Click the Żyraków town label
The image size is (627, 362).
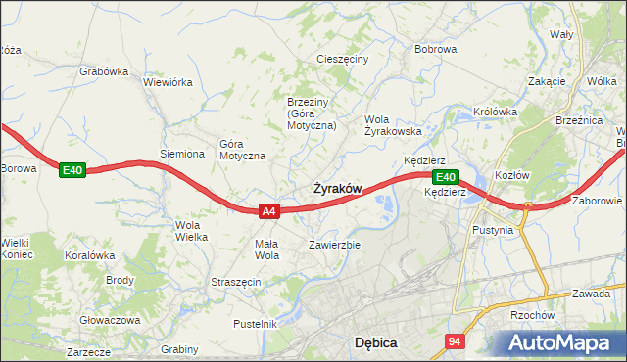[338, 188]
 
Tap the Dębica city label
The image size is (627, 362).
[374, 343]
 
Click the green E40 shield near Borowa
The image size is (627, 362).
[72, 170]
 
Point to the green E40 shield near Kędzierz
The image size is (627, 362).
[445, 177]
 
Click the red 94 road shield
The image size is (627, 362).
[454, 341]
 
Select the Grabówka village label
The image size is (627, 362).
[105, 71]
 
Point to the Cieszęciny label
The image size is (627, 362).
[342, 59]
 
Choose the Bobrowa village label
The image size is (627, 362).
[436, 48]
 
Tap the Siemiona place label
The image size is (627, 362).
[182, 154]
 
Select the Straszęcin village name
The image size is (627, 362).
[235, 282]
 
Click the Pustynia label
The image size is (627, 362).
[493, 231]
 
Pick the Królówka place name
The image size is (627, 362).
[495, 112]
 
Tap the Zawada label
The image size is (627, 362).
[592, 294]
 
